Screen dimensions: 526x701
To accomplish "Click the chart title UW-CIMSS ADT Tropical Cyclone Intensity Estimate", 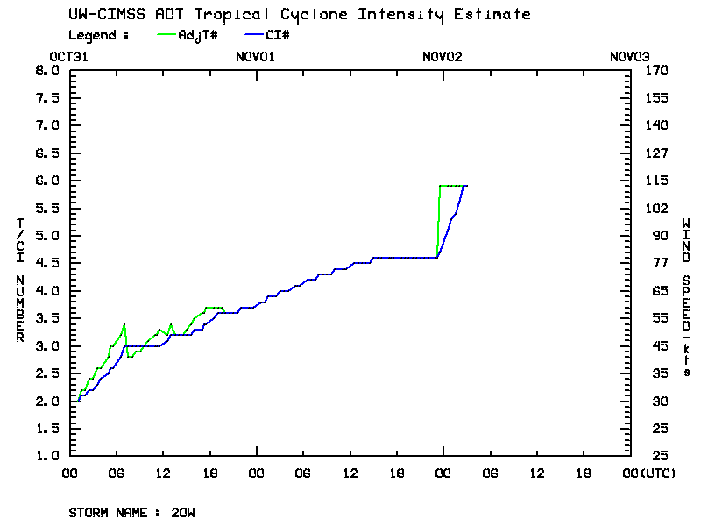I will coord(299,15).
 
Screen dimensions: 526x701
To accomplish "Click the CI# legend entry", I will coord(277,35).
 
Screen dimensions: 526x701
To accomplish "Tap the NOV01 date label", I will coord(256,57).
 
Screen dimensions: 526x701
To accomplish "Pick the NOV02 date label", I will coord(443,57).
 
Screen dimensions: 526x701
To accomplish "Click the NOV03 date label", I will coord(629,57).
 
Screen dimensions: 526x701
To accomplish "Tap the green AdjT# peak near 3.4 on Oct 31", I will coord(124,324).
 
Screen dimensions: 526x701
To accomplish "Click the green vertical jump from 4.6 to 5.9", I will coord(438,219).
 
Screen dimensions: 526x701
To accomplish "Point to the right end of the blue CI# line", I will coord(467,186).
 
